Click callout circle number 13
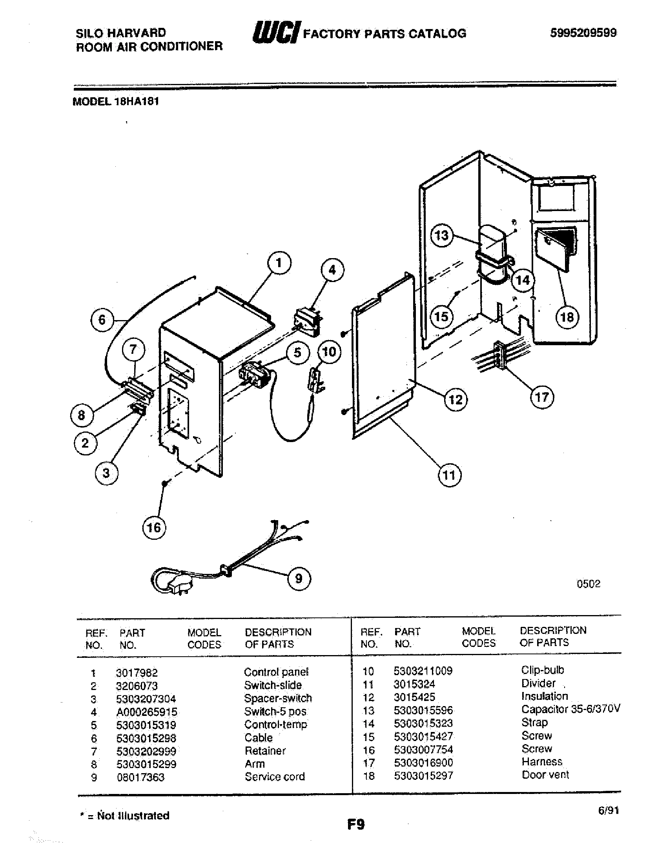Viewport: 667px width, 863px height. [441, 235]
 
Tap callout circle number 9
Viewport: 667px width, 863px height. [299, 579]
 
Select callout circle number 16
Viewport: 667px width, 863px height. [154, 528]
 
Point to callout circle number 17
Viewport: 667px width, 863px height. [542, 397]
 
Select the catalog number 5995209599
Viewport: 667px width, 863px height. [583, 33]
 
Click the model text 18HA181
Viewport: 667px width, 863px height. [136, 102]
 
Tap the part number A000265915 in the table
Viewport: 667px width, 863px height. [147, 712]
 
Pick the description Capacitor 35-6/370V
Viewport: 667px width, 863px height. [570, 709]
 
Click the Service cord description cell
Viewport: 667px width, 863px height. [275, 776]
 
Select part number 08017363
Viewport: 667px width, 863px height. [140, 777]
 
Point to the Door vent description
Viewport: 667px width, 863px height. [545, 774]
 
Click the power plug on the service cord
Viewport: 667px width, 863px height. [176, 584]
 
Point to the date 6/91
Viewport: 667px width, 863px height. [608, 810]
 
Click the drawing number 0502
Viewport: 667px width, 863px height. [589, 584]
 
